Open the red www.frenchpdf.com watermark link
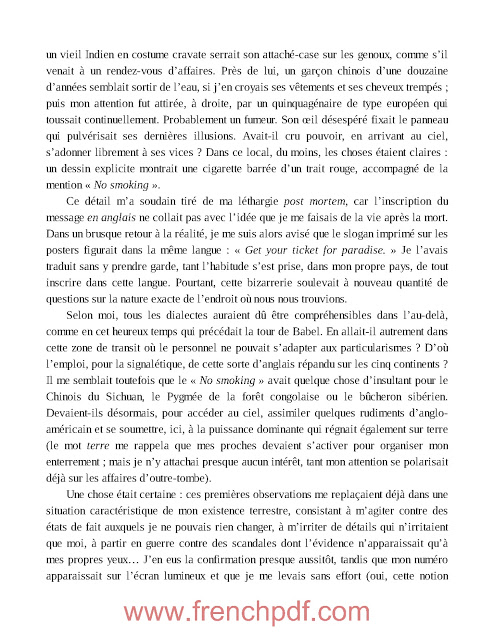tap(247, 612)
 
